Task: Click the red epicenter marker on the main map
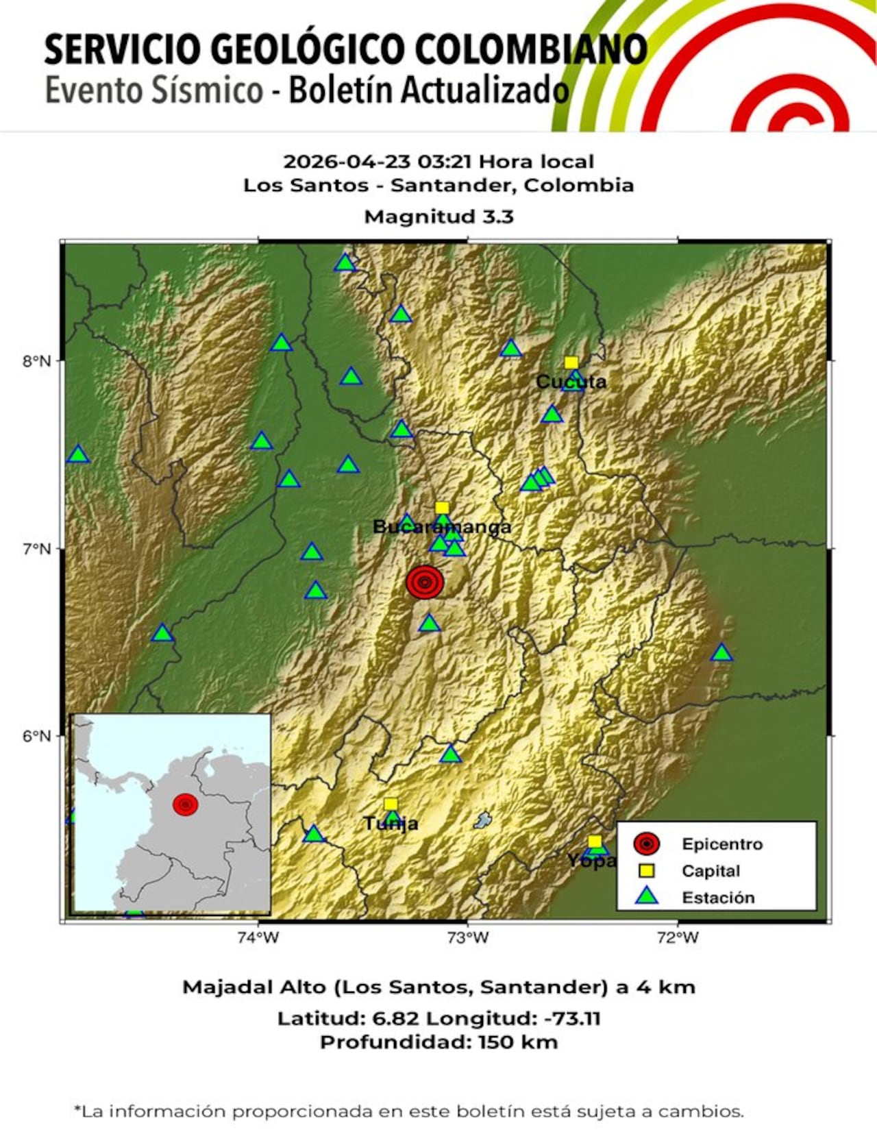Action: pos(425,582)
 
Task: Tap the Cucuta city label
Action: pos(571,382)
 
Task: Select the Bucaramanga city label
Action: pos(441,527)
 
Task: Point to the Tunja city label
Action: pos(391,824)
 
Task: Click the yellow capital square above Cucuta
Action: pos(571,362)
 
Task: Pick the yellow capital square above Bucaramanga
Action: pos(442,508)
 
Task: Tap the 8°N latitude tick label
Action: pos(37,361)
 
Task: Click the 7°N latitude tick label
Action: pos(37,549)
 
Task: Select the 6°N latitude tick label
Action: pos(37,736)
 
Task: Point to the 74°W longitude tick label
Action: pos(258,937)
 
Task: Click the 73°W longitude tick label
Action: pos(468,937)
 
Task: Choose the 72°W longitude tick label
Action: pos(678,937)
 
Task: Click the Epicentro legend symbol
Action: pos(647,844)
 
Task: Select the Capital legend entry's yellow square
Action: pos(647,871)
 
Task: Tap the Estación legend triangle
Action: pos(647,896)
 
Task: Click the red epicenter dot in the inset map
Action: pos(186,804)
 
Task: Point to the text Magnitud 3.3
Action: pos(438,217)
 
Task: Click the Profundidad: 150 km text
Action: pos(438,1042)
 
